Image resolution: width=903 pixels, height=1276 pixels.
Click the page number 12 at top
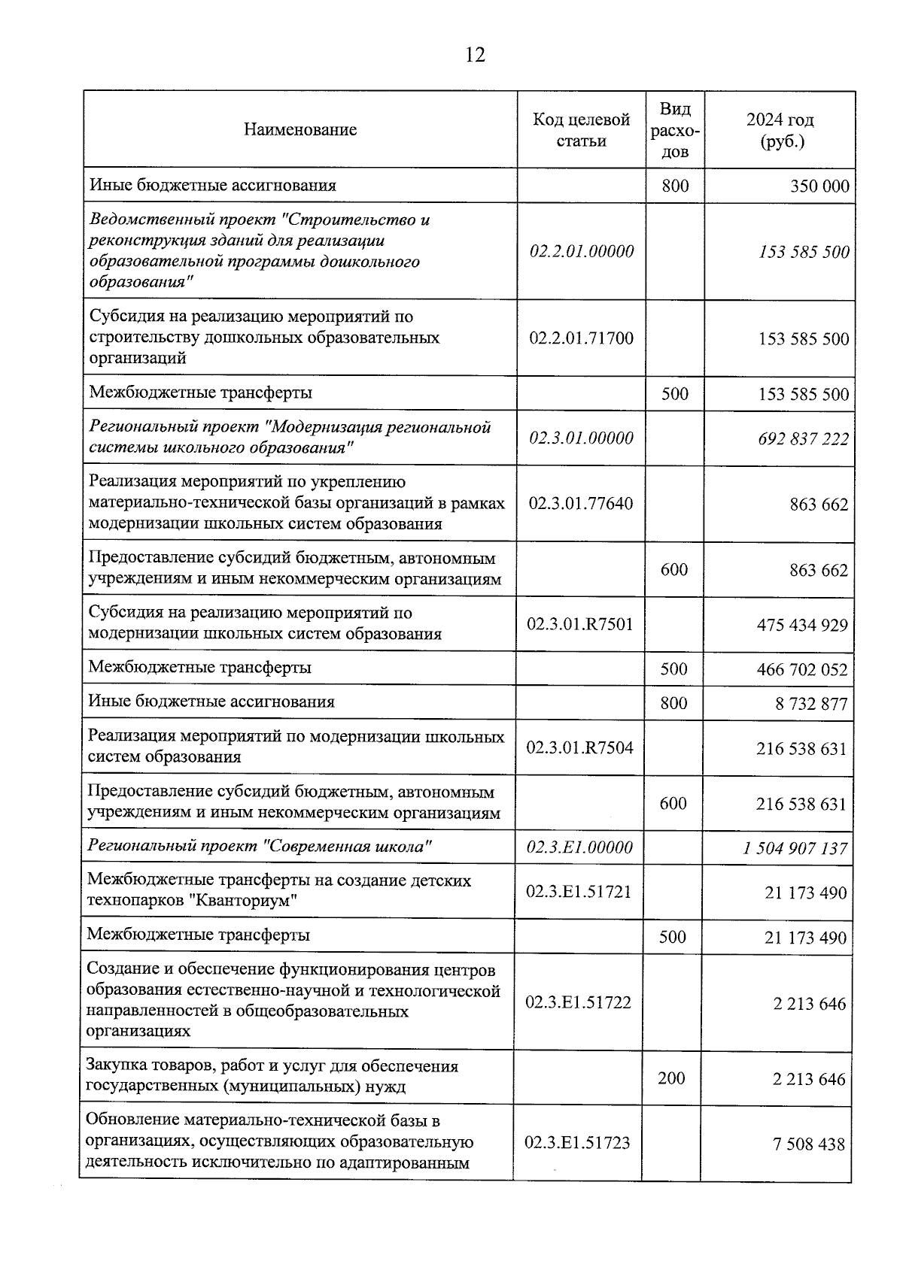476,55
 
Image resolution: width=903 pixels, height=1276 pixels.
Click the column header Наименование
300,129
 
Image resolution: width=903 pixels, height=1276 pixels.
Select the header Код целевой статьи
581,130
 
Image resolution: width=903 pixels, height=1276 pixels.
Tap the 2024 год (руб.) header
780,130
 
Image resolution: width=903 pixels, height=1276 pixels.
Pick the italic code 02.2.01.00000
582,251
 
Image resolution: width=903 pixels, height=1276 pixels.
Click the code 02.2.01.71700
581,338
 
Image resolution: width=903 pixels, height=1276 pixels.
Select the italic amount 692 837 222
804,438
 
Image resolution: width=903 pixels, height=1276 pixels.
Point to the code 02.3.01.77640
580,503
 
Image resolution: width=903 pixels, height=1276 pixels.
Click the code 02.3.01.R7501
580,624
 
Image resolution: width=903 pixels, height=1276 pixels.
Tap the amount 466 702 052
802,669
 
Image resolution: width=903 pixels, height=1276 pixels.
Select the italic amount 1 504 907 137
795,849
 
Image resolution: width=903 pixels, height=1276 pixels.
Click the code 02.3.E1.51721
579,892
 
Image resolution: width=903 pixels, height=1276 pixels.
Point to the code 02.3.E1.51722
578,1002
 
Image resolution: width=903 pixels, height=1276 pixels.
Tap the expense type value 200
671,1078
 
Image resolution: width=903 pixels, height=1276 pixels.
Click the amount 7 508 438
809,1144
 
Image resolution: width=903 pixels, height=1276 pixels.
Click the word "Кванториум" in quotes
248,901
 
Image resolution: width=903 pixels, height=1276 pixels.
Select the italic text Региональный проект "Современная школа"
260,847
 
